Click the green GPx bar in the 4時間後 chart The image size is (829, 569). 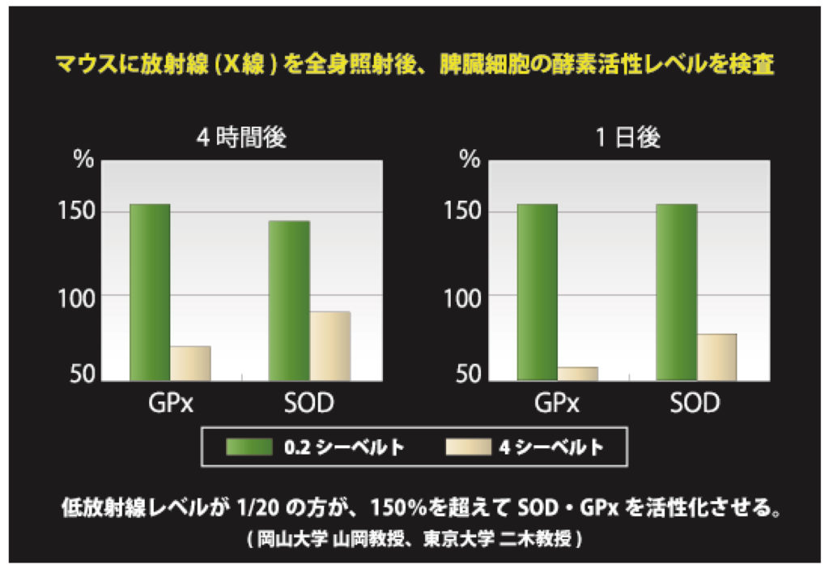(150, 292)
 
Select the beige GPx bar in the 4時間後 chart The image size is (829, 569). (190, 363)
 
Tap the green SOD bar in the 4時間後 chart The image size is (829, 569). (289, 301)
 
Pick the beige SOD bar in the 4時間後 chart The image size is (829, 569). (329, 346)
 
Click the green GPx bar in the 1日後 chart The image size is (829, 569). (538, 292)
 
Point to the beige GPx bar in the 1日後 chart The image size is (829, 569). (578, 374)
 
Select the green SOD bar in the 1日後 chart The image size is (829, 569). (677, 292)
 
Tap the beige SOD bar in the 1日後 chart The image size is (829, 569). (717, 357)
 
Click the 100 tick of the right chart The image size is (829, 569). (462, 297)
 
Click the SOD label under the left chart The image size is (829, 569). (309, 403)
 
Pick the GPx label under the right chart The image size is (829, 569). (557, 403)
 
